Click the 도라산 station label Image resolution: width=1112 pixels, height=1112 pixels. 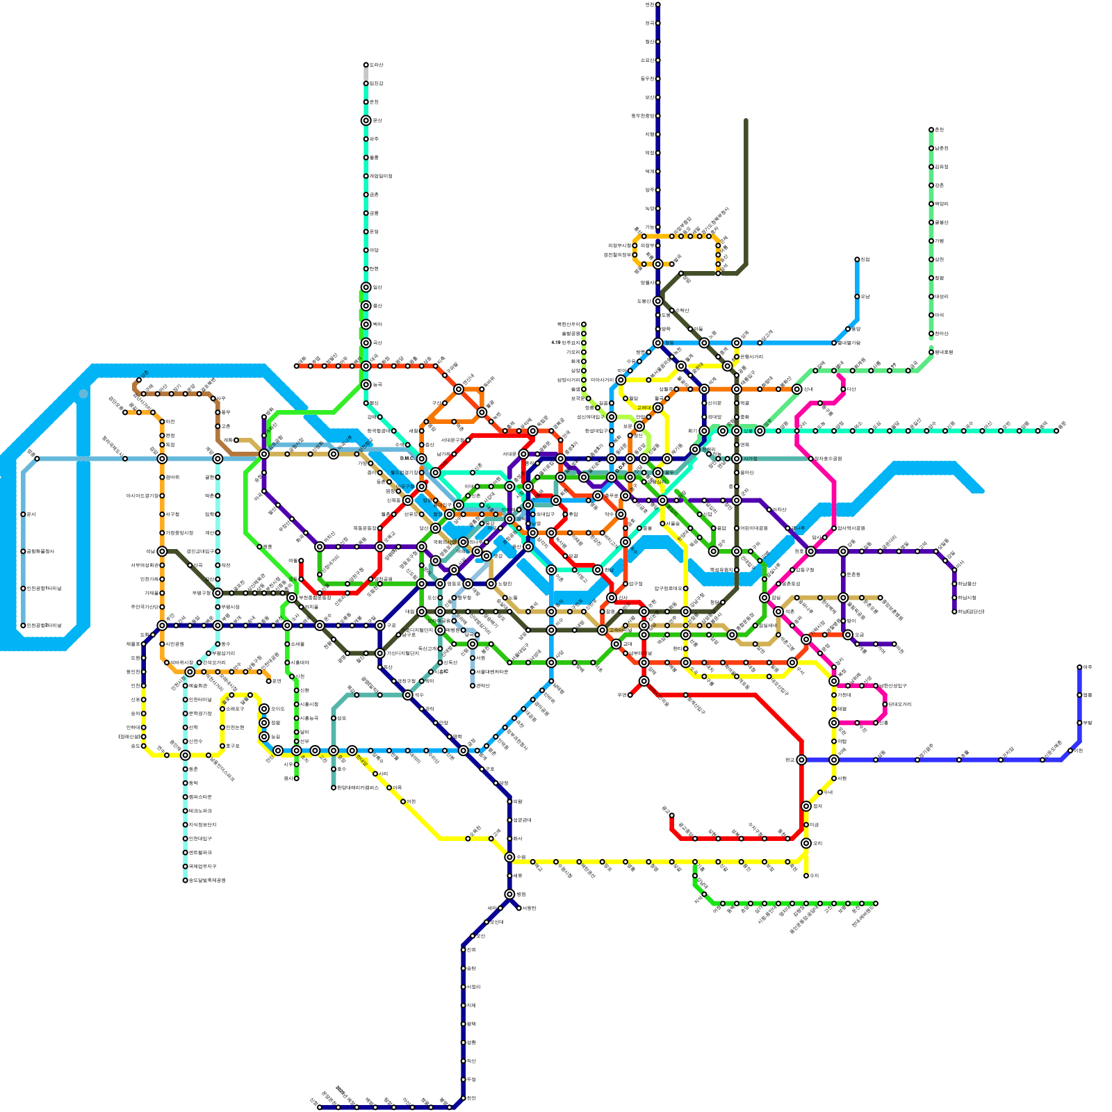376,65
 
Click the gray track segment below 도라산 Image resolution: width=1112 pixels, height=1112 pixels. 366,74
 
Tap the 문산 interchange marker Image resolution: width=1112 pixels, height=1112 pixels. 366,120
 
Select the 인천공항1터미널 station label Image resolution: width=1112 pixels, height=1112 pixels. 44,589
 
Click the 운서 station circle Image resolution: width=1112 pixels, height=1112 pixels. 23,514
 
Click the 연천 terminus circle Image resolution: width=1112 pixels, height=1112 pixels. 657,5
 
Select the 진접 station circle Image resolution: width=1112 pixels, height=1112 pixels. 857,259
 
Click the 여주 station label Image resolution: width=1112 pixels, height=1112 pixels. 1088,667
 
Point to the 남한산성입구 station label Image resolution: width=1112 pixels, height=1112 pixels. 892,686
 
